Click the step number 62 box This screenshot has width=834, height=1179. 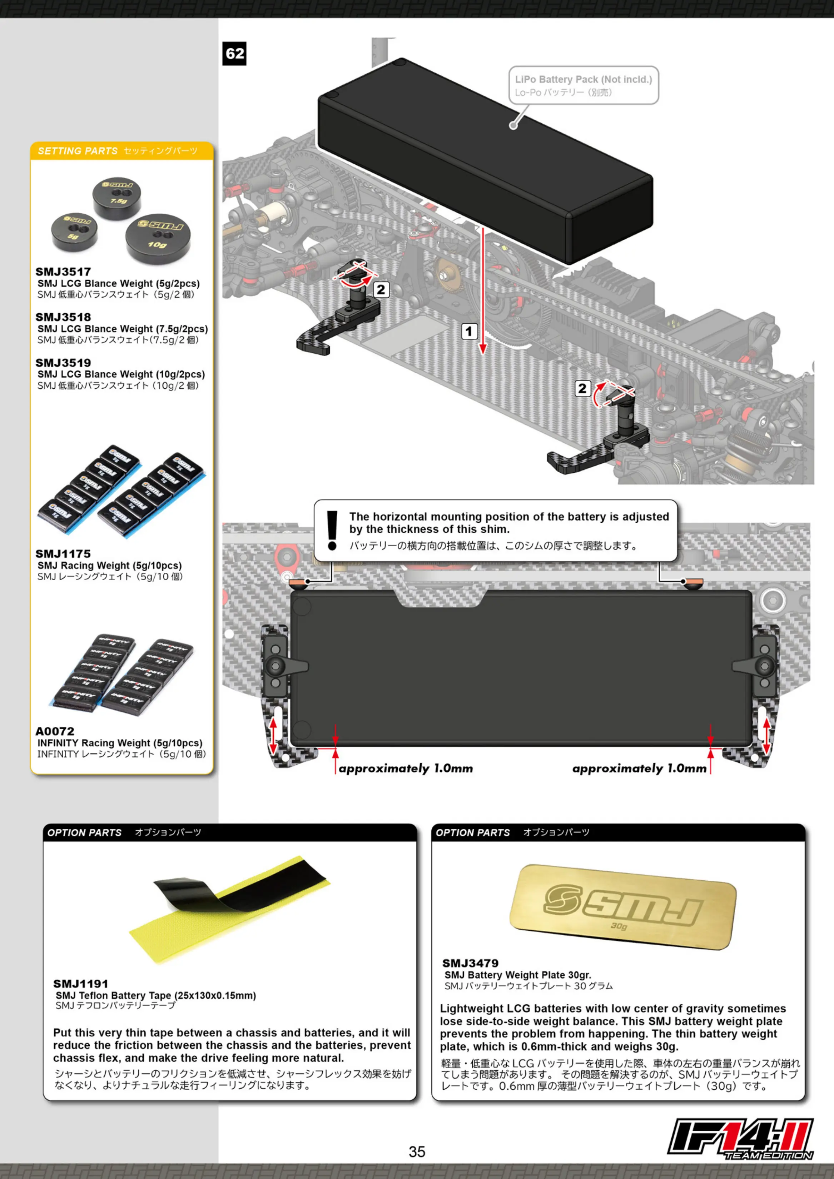pyautogui.click(x=234, y=53)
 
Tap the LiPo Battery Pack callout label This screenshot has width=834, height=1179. pyautogui.click(x=584, y=85)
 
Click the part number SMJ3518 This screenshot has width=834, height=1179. pyautogui.click(x=63, y=317)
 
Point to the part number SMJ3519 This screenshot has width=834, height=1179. pyautogui.click(x=63, y=363)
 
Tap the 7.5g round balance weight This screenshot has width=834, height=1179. pyautogui.click(x=117, y=197)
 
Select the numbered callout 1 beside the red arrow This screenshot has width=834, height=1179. pyautogui.click(x=468, y=331)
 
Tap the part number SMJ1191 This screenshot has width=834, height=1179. pyautogui.click(x=81, y=983)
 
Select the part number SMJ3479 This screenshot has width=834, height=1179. pyautogui.click(x=470, y=963)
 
